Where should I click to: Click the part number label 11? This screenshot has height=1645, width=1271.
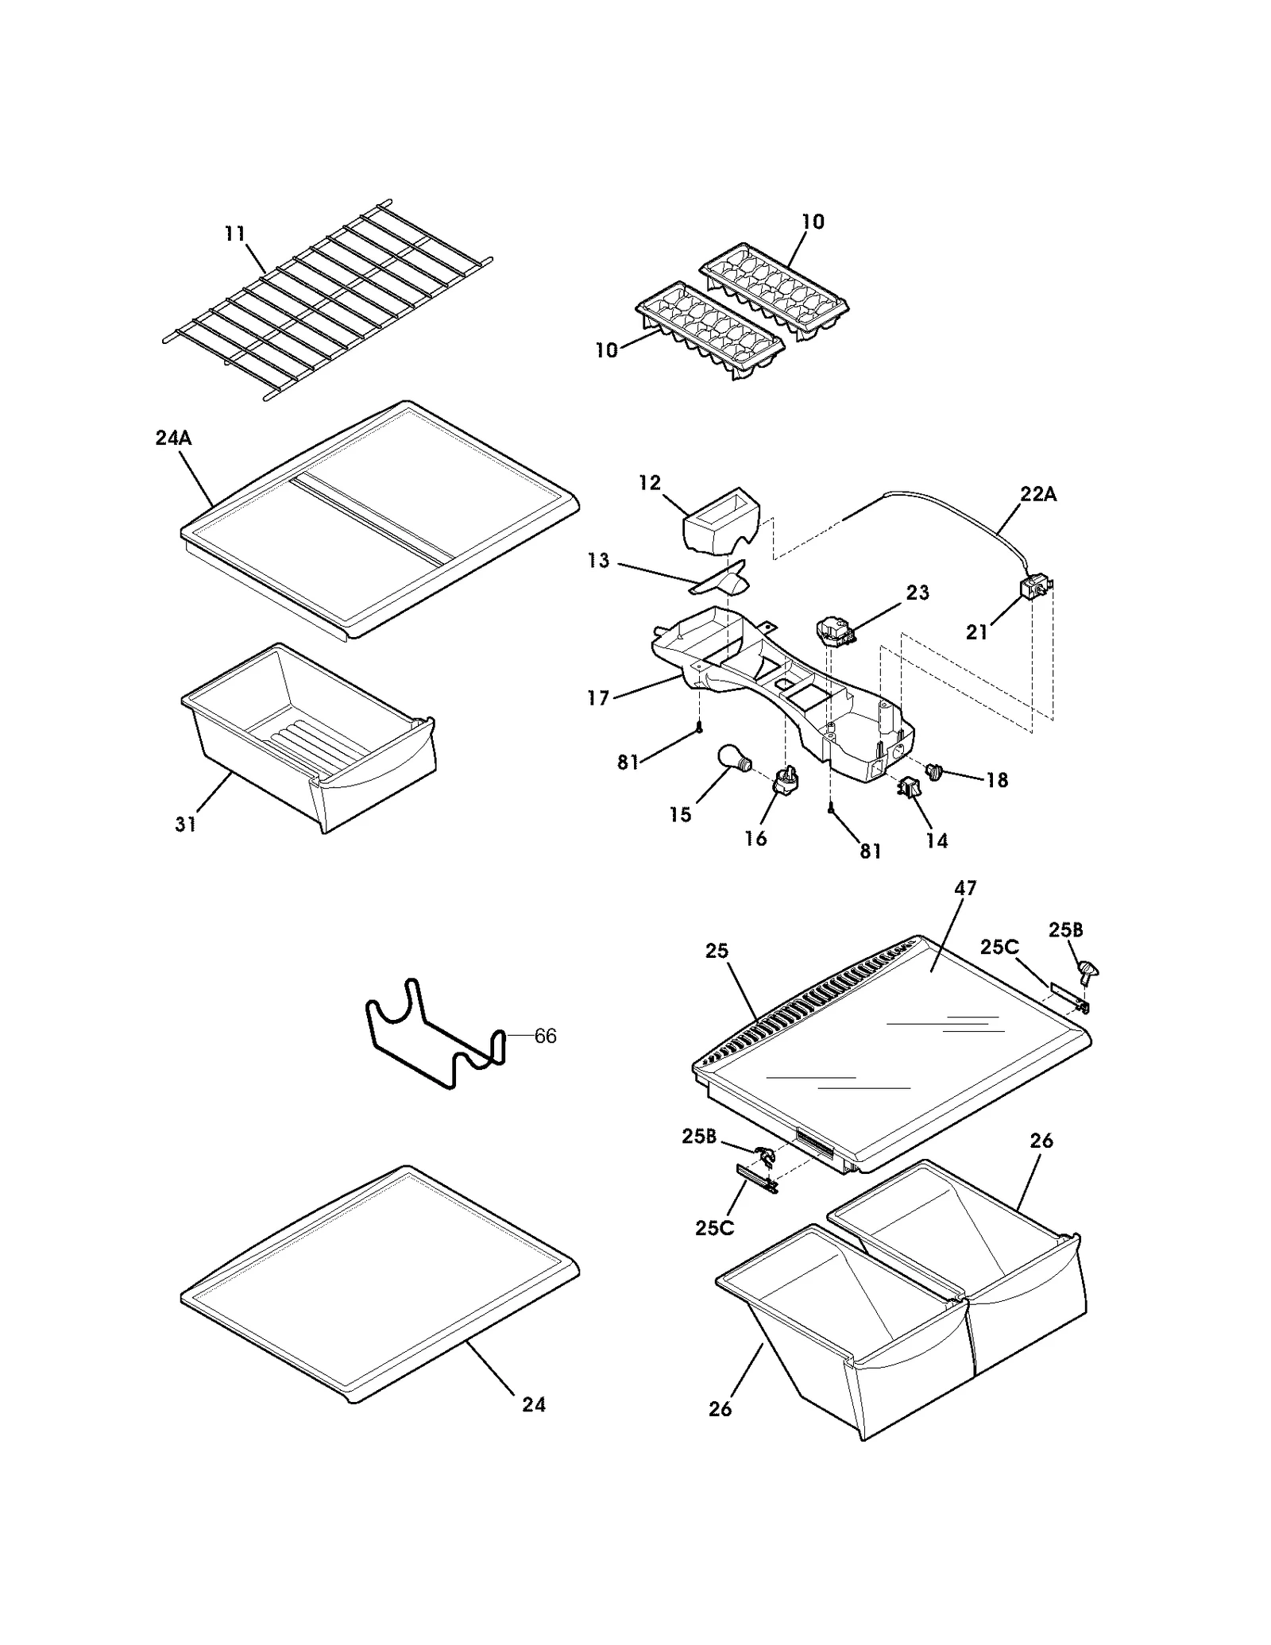pyautogui.click(x=234, y=234)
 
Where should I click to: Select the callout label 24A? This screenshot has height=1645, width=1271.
pyautogui.click(x=173, y=438)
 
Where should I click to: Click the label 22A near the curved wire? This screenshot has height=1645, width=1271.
pyautogui.click(x=1038, y=494)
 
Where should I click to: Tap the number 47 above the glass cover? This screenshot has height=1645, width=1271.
pyautogui.click(x=965, y=888)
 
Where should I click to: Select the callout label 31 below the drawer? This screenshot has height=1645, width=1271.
pyautogui.click(x=185, y=824)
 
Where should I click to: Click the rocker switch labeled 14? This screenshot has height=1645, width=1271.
pyautogui.click(x=907, y=787)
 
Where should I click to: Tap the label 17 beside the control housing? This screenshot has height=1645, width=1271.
pyautogui.click(x=598, y=697)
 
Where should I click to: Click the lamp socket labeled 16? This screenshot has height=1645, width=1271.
pyautogui.click(x=785, y=780)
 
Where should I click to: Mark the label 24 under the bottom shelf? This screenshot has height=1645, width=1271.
pyautogui.click(x=534, y=1404)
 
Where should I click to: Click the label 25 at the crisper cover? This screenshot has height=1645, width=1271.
pyautogui.click(x=717, y=951)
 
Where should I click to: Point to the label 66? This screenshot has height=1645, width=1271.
pyautogui.click(x=545, y=1036)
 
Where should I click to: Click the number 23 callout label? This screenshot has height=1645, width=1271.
pyautogui.click(x=918, y=593)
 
